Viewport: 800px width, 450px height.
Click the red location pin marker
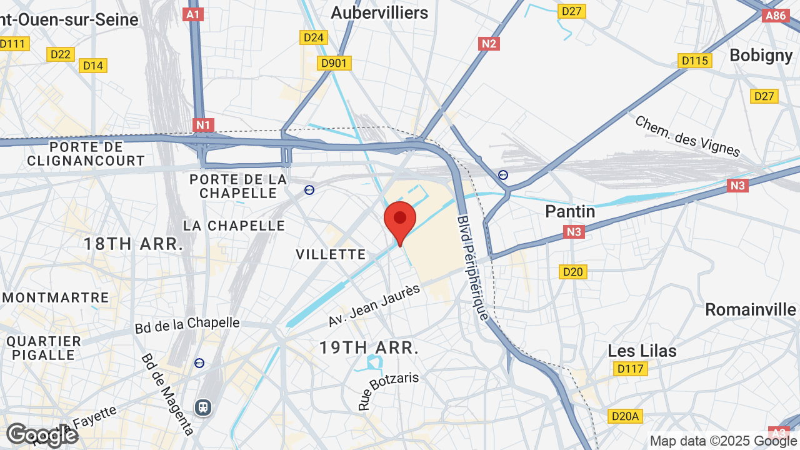tap(400, 221)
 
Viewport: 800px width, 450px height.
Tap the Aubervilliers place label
tap(379, 12)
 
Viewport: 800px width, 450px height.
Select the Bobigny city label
tap(761, 55)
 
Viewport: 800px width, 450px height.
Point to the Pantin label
tap(570, 211)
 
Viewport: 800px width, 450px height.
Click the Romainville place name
tap(750, 309)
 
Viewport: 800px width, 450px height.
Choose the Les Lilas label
tap(642, 351)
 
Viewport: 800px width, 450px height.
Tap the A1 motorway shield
tap(193, 14)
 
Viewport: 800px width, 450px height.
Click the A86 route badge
tap(776, 16)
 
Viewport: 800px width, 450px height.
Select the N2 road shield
tap(489, 43)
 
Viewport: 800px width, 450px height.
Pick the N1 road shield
tap(203, 125)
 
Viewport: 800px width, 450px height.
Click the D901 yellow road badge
tap(334, 63)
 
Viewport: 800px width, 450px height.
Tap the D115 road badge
tap(694, 61)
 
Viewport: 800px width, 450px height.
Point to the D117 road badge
tap(629, 369)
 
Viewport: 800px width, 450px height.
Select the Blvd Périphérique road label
tap(472, 267)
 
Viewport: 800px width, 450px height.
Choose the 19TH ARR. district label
tap(369, 347)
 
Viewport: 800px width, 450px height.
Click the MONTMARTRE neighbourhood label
tap(55, 297)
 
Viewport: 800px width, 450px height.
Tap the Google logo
tap(42, 435)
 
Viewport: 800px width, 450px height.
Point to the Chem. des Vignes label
tap(687, 136)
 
